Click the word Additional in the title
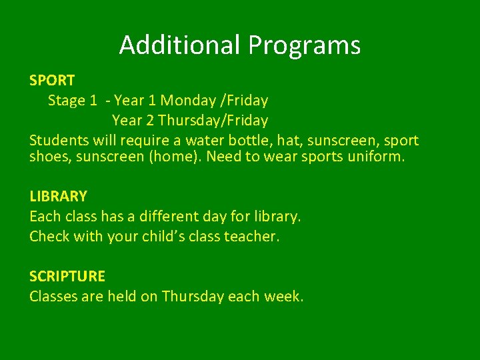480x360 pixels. [x=181, y=45]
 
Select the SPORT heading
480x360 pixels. [x=52, y=81]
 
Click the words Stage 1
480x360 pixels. [x=76, y=101]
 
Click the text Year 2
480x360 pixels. [x=133, y=121]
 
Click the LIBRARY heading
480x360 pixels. [x=58, y=196]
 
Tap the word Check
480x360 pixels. [x=49, y=236]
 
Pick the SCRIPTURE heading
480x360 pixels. [x=67, y=276]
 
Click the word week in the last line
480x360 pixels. [x=284, y=296]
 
